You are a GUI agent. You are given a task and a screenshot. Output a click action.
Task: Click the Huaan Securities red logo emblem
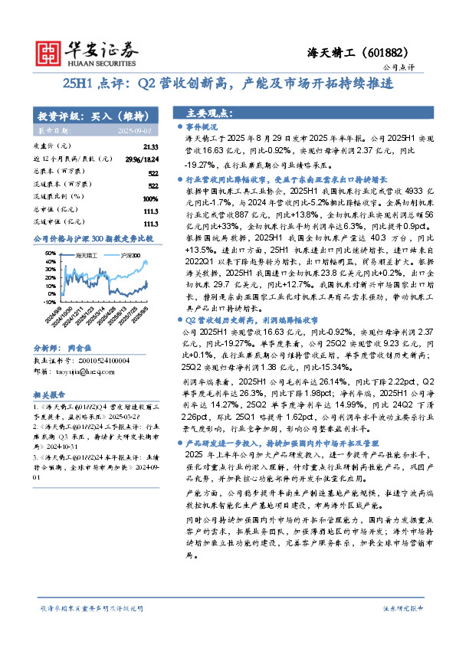51,51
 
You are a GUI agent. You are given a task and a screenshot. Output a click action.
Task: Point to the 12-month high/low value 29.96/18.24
141,159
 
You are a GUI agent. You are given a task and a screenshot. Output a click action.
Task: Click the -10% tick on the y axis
48,302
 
